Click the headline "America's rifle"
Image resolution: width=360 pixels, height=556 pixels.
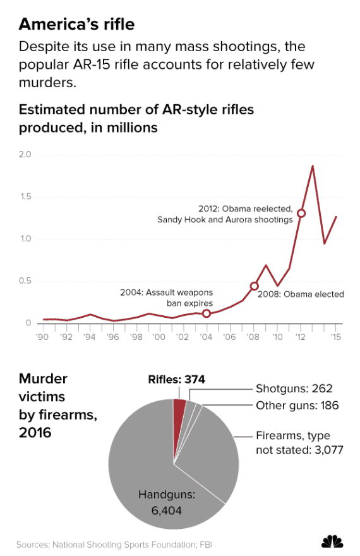tap(76, 24)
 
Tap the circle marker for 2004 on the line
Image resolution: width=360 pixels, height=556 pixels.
tap(207, 313)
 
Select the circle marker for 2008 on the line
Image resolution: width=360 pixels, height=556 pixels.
tap(255, 286)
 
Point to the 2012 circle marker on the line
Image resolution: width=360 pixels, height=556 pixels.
tap(301, 214)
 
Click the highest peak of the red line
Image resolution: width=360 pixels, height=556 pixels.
tap(313, 166)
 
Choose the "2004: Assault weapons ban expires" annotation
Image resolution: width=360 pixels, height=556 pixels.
tap(166, 298)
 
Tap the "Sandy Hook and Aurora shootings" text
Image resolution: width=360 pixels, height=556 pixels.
tap(225, 220)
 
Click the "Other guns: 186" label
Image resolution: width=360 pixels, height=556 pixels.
tap(297, 405)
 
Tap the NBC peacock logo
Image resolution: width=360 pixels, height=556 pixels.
tap(332, 541)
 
